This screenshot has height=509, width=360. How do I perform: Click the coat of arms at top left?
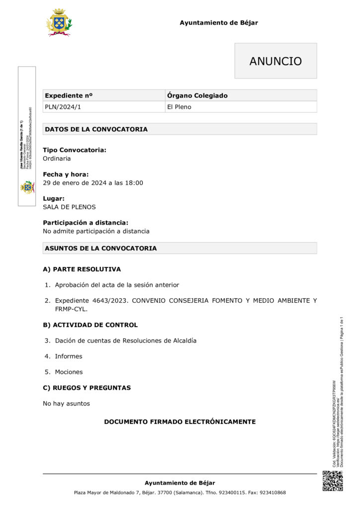pyautogui.click(x=59, y=22)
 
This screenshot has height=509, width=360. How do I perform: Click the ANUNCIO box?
pyautogui.click(x=275, y=61)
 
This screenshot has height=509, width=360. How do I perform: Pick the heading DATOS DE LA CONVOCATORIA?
pyautogui.click(x=96, y=129)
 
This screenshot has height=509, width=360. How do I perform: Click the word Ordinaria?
pyautogui.click(x=57, y=159)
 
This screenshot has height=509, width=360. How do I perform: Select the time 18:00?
pyautogui.click(x=135, y=183)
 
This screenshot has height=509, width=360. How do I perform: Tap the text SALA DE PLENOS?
pyautogui.click(x=69, y=207)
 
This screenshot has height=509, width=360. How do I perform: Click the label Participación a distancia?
pyautogui.click(x=86, y=223)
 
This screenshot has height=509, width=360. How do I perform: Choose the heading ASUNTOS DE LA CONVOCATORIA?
pyautogui.click(x=100, y=248)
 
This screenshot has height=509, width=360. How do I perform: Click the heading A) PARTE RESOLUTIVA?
pyautogui.click(x=82, y=269)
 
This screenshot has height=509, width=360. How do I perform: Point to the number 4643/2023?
pyautogui.click(x=110, y=301)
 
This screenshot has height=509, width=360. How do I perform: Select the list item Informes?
pyautogui.click(x=69, y=356)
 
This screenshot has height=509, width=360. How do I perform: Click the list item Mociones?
pyautogui.click(x=69, y=372)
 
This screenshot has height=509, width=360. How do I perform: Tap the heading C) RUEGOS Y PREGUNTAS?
pyautogui.click(x=87, y=388)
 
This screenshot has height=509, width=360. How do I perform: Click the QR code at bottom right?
pyautogui.click(x=333, y=481)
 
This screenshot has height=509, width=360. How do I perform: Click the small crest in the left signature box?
pyautogui.click(x=27, y=187)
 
